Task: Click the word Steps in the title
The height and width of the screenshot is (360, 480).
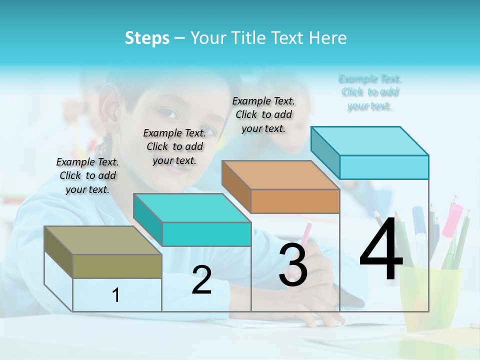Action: tap(147, 38)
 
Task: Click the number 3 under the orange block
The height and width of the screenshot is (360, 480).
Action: tap(293, 265)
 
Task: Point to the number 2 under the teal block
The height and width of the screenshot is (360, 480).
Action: tap(201, 280)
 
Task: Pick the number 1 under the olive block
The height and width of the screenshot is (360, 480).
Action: tap(116, 295)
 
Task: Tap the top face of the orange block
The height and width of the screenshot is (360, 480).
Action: tap(280, 175)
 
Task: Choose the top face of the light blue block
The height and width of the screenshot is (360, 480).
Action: tap(369, 140)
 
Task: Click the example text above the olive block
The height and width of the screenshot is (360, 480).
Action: tap(87, 175)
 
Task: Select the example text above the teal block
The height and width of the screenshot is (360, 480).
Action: tap(174, 146)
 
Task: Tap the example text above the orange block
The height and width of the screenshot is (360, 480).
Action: tap(263, 114)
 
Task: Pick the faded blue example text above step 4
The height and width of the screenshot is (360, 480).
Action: tap(370, 92)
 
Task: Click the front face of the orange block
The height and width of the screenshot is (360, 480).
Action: tap(295, 201)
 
